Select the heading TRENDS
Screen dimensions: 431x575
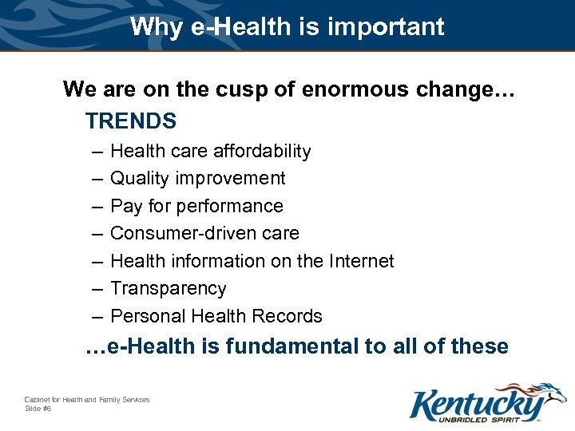click(x=131, y=121)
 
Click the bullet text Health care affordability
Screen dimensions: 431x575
click(x=210, y=151)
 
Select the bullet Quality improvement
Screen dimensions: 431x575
click(x=197, y=178)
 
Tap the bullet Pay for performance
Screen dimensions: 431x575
click(x=196, y=206)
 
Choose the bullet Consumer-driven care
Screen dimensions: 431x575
click(x=204, y=233)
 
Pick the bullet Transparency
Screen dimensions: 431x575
click(x=168, y=288)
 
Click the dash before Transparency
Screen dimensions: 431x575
click(x=97, y=289)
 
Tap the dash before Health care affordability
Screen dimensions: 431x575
click(x=97, y=152)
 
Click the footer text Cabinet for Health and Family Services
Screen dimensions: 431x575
click(x=87, y=400)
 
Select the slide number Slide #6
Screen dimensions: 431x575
click(x=38, y=409)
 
